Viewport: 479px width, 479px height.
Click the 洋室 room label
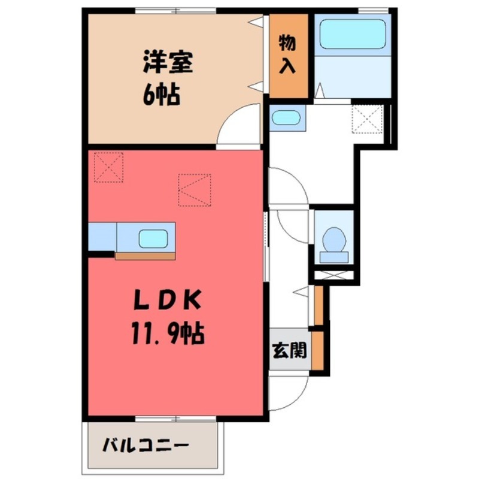point(168,62)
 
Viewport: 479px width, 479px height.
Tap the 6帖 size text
point(160,94)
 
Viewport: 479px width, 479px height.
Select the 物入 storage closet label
point(288,54)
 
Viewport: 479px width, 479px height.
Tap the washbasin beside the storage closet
point(285,117)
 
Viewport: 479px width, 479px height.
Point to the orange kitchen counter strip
point(145,256)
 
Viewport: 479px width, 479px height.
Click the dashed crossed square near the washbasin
point(366,119)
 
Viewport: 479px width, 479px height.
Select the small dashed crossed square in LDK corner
point(108,166)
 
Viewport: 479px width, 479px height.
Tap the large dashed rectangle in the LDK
point(194,190)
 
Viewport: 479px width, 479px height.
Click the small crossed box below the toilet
point(334,277)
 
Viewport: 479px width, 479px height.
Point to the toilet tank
point(333,257)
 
